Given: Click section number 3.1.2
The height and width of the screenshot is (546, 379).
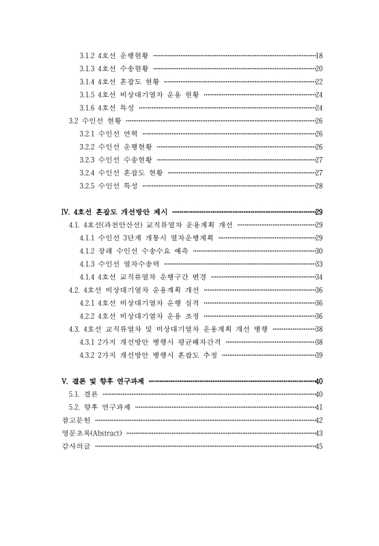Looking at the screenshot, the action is (87, 55).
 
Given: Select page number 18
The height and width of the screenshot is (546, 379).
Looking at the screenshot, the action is (318, 55).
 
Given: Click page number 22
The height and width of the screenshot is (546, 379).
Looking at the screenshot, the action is (318, 81).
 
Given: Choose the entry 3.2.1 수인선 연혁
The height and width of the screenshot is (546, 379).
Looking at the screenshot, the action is (109, 133).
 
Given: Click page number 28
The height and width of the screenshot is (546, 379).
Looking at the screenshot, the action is (318, 185).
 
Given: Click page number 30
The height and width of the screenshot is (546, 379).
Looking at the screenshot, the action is (318, 250).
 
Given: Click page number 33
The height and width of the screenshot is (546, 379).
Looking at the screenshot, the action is (318, 263).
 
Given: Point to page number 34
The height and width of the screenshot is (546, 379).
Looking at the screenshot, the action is (318, 276).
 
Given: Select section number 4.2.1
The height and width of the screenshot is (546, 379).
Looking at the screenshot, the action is (87, 302).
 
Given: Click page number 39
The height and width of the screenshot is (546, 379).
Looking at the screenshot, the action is (318, 354).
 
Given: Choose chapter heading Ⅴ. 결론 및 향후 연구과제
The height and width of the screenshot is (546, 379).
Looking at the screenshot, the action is (103, 382).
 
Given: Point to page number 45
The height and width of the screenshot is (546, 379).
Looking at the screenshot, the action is (318, 446).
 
